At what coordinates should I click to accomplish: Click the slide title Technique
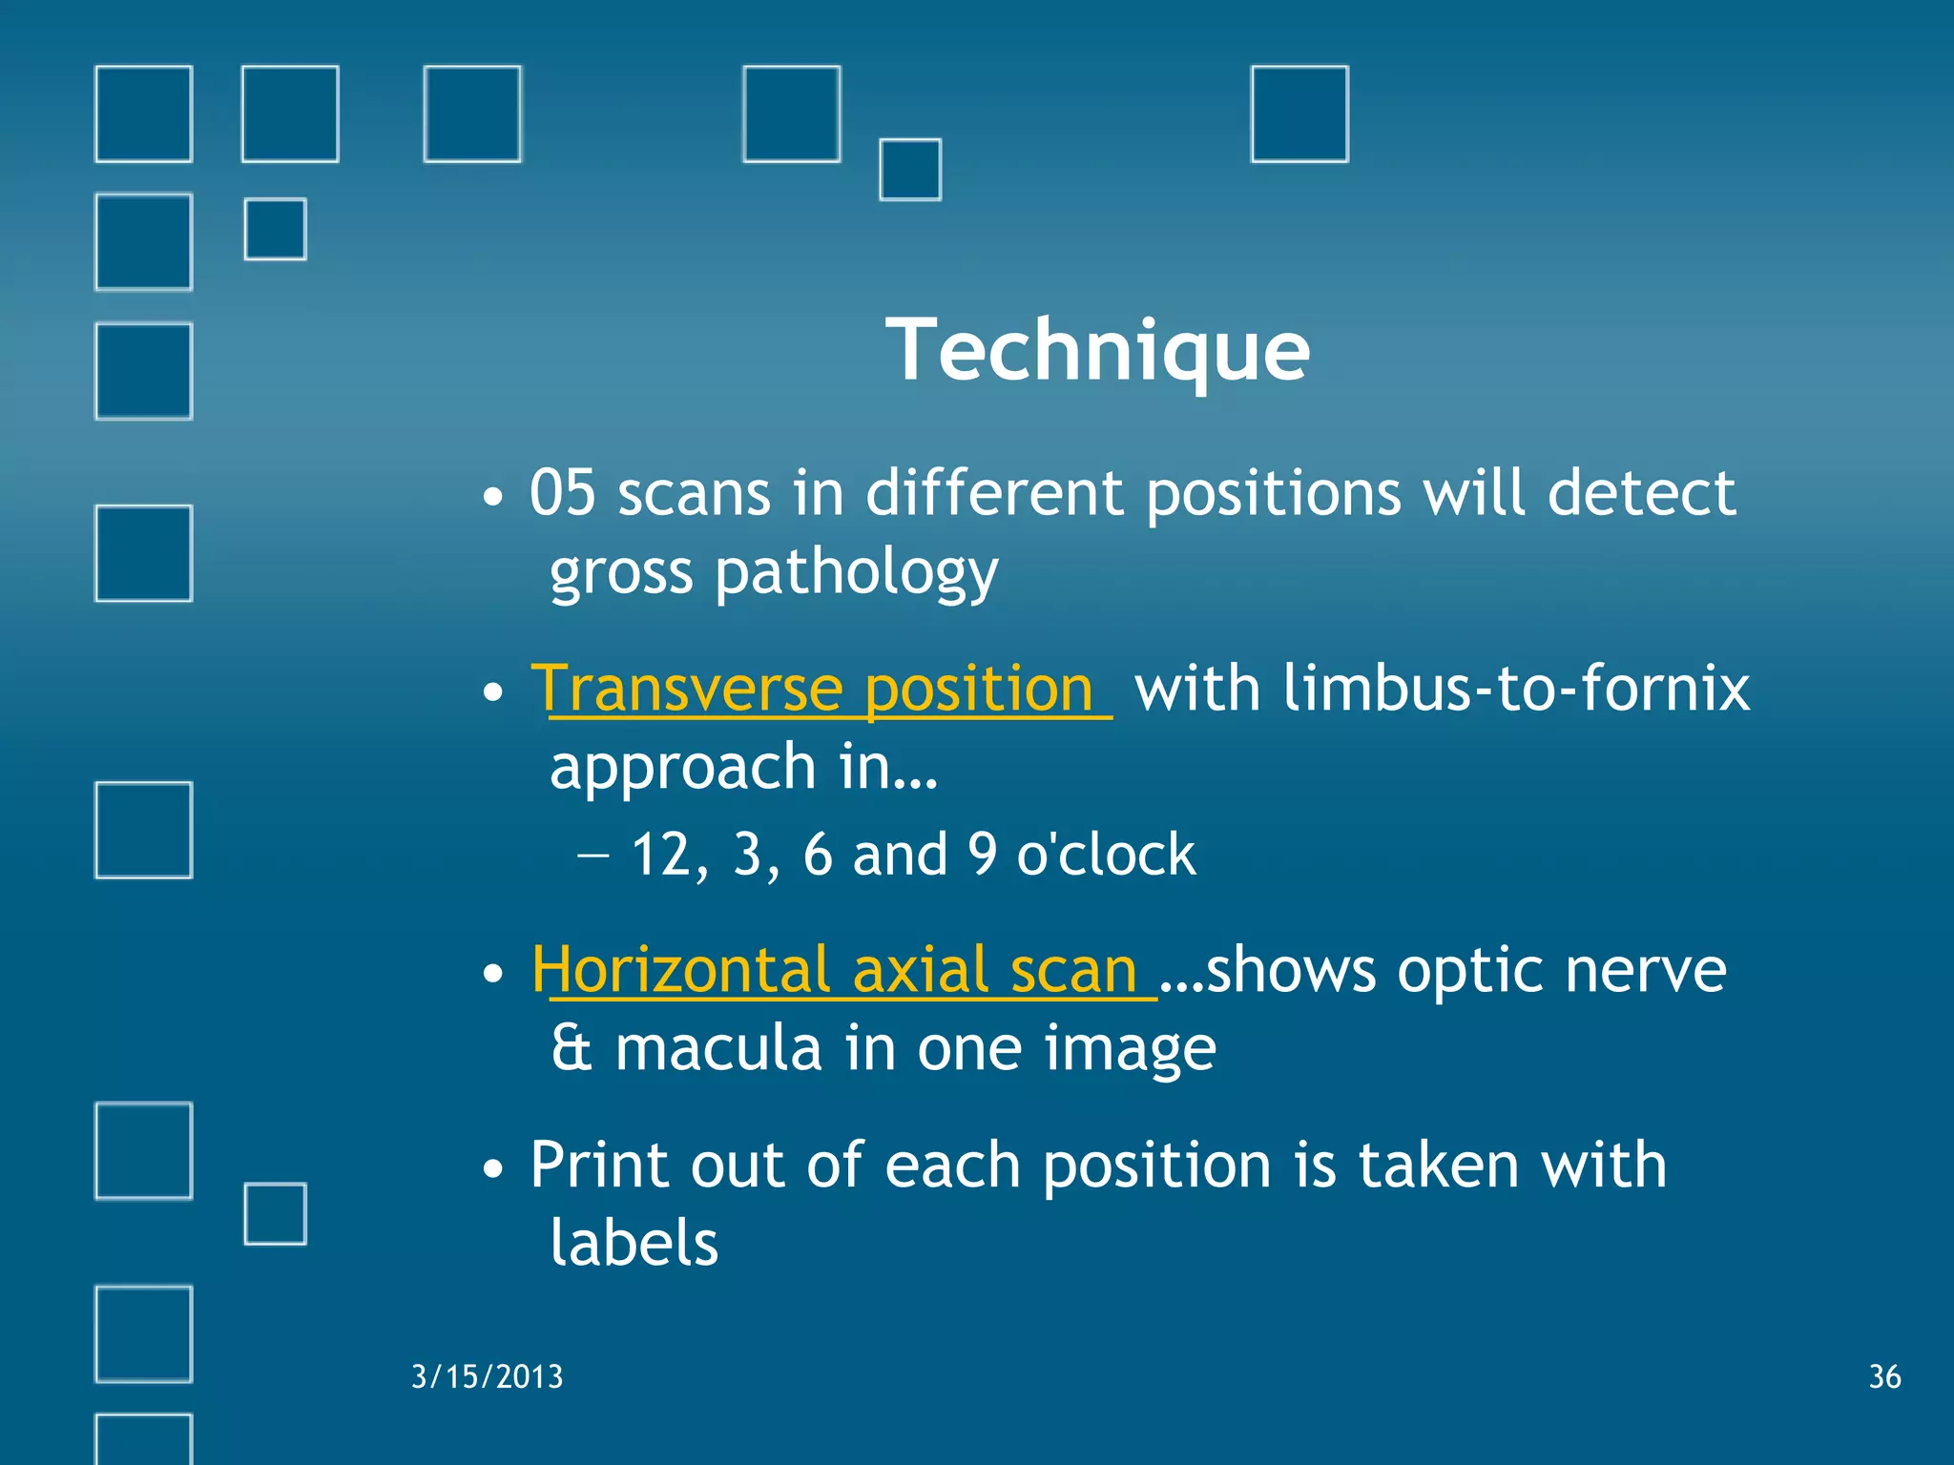tap(1097, 351)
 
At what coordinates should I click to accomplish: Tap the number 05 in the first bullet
tap(562, 494)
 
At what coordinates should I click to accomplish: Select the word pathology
tap(856, 574)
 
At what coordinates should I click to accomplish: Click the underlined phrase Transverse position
tap(821, 689)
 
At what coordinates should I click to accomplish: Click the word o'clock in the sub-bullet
tap(1105, 855)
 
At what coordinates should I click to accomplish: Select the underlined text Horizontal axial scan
tap(844, 971)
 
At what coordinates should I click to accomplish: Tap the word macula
tap(717, 1049)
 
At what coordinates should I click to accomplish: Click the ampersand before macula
tap(571, 1049)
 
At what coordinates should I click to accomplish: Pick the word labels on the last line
tap(634, 1244)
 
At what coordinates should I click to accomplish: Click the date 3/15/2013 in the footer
tap(487, 1376)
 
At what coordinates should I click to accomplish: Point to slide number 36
tap(1884, 1376)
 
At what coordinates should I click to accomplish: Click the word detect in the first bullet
tap(1641, 494)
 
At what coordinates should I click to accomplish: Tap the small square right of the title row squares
tap(910, 170)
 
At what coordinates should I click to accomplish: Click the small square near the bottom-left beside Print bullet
tap(275, 1213)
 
